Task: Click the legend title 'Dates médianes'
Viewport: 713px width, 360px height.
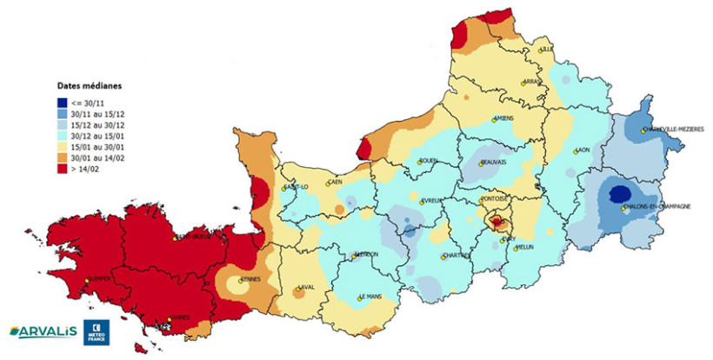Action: tap(89, 87)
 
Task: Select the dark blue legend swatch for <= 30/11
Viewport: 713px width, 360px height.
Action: tap(63, 103)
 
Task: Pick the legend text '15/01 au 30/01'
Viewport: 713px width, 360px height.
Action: tap(97, 149)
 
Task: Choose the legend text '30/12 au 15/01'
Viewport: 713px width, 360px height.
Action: tap(97, 137)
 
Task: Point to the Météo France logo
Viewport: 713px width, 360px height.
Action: tap(95, 331)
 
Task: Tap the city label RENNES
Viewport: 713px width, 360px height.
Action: tap(251, 279)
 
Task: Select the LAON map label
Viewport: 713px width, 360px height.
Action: tap(583, 150)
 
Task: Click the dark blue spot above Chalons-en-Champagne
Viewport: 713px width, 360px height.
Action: tap(619, 194)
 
